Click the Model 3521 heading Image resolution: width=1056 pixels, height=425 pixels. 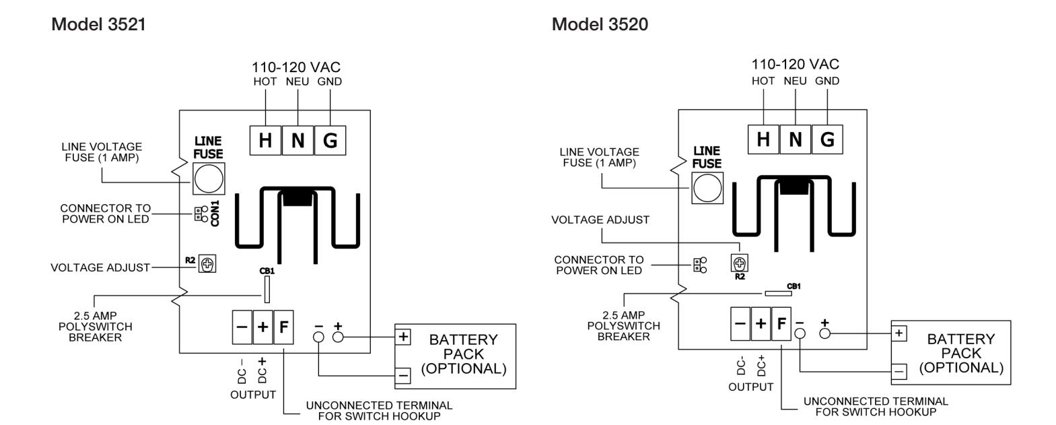point(98,24)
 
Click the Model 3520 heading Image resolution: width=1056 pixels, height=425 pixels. point(600,24)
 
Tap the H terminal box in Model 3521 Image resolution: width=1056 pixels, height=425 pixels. point(265,140)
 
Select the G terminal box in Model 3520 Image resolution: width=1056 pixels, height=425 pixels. point(827,139)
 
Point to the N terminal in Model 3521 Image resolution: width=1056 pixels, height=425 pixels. point(297,140)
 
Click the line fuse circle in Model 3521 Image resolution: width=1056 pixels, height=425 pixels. point(209,178)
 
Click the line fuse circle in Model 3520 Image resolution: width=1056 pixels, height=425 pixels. point(707,188)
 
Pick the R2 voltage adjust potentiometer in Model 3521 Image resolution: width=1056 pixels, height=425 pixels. point(207,263)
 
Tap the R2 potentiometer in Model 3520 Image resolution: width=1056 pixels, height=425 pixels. point(739,263)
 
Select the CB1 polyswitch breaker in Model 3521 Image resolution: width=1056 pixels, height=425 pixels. point(267,289)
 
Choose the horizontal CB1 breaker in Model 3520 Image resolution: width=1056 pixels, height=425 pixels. point(778,294)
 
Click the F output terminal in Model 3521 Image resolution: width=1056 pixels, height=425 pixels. point(283,327)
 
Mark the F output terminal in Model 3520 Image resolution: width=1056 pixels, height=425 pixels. point(781,323)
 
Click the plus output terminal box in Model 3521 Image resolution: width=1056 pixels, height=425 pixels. point(262,327)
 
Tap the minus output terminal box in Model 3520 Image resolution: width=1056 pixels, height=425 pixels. point(740,323)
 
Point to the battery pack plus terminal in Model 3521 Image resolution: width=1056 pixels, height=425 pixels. point(403,337)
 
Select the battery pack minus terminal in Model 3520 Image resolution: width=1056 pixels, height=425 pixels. point(899,371)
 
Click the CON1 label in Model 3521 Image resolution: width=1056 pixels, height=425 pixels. point(215,214)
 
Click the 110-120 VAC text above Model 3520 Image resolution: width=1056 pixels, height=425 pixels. point(796,64)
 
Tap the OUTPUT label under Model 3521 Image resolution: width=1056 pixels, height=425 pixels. point(253,394)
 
